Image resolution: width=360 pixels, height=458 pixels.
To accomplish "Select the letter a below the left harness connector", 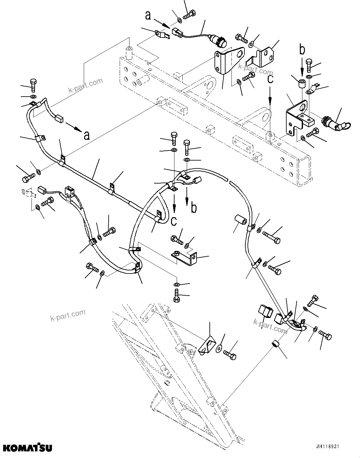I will pos(86,135).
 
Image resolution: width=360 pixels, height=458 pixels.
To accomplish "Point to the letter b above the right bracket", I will pos(302,50).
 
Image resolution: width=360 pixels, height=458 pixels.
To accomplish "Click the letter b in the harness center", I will pos(194,208).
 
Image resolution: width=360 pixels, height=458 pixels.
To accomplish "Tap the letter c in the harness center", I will pos(174,221).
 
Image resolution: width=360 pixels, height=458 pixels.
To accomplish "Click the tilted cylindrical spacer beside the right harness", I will pos(241,220).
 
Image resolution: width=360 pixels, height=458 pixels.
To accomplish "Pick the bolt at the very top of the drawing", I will pos(189,14).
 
